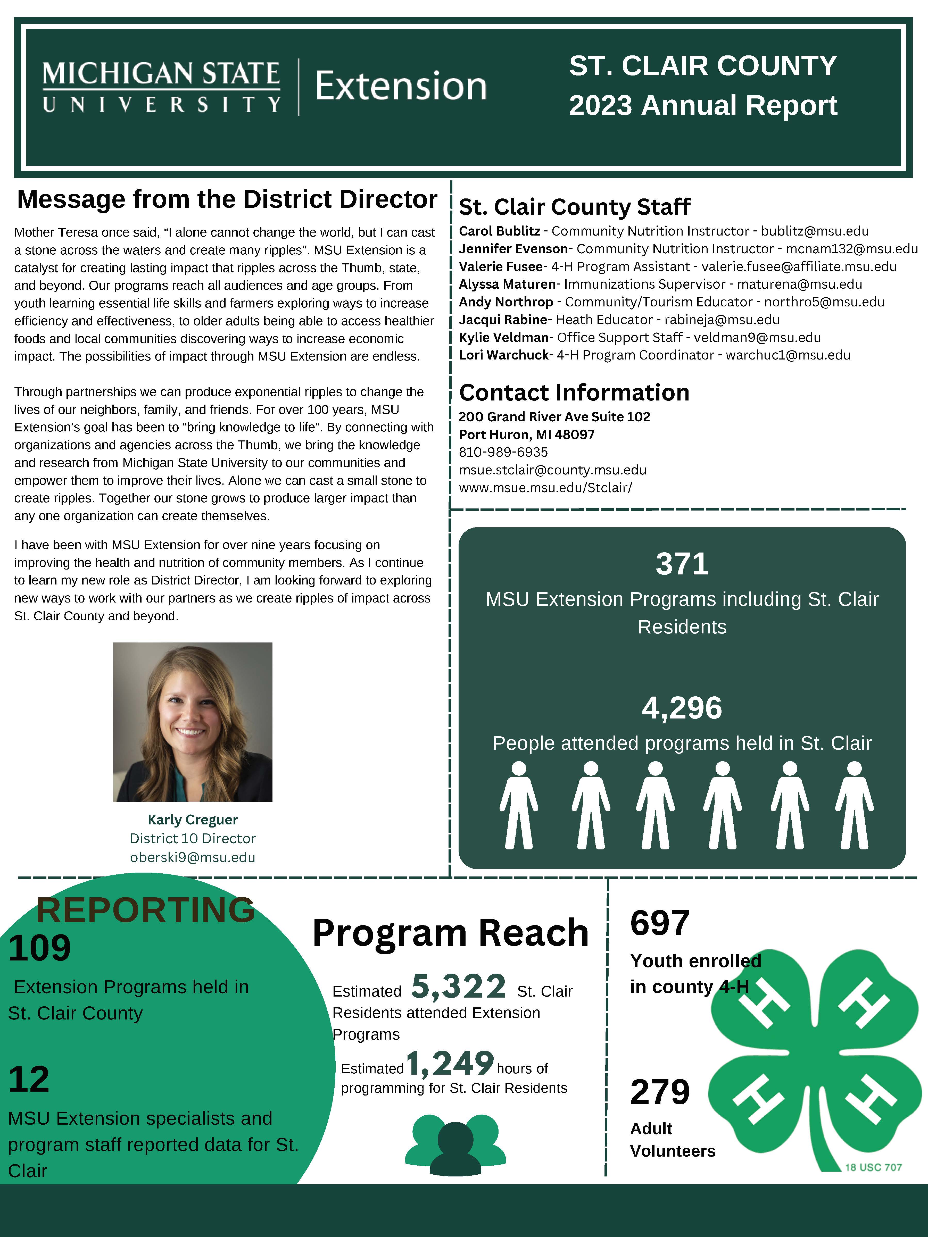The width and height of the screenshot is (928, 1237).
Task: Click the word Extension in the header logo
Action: tap(401, 87)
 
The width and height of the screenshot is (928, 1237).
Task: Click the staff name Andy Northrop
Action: tap(506, 302)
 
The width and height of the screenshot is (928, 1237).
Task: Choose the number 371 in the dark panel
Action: tap(682, 564)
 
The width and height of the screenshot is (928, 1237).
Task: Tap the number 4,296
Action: tap(682, 708)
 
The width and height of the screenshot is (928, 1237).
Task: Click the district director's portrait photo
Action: tap(192, 722)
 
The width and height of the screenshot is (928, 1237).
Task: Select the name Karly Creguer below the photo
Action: tap(192, 820)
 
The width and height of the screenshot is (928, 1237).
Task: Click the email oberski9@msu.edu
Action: tap(192, 857)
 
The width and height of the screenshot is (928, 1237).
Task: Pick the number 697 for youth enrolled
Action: tap(659, 923)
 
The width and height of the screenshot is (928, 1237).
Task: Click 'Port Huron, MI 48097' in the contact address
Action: tap(526, 434)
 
